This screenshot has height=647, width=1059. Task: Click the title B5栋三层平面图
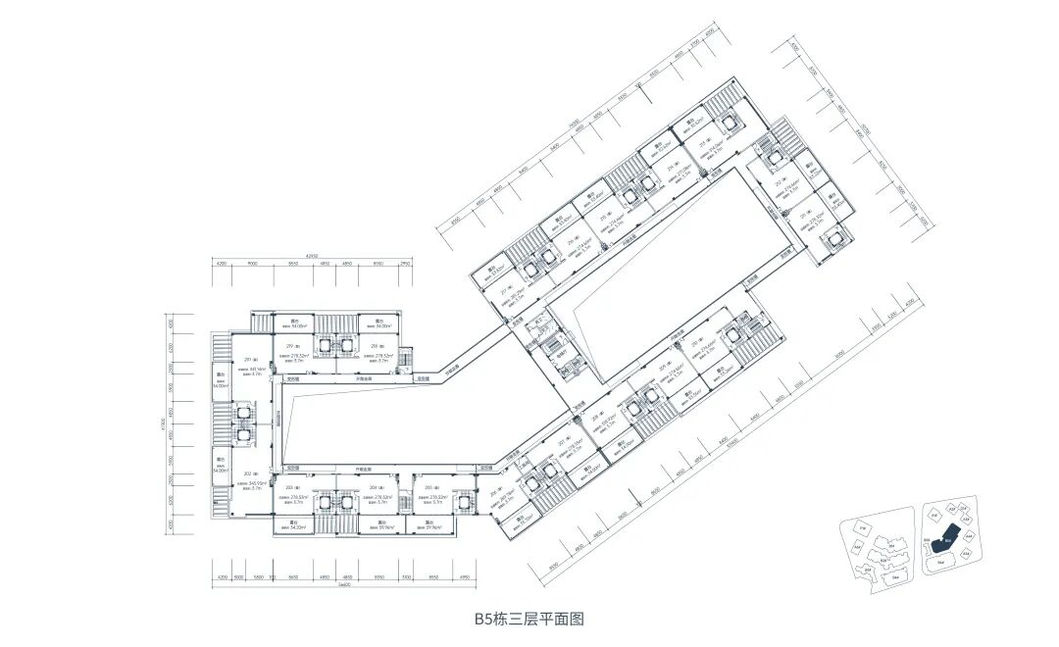click(529, 619)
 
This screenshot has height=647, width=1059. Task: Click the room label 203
click(291, 487)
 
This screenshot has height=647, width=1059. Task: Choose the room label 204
click(374, 487)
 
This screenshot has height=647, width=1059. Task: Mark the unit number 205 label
click(429, 487)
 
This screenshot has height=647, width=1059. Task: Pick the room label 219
click(291, 346)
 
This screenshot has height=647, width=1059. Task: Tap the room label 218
click(375, 346)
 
